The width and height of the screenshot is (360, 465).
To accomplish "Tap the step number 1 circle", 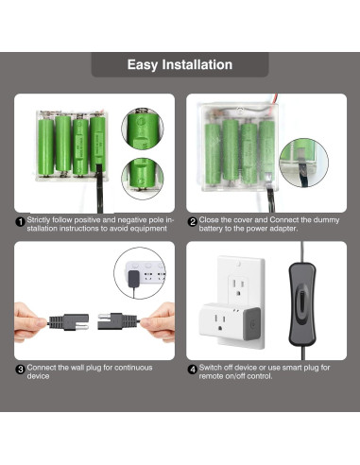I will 20,223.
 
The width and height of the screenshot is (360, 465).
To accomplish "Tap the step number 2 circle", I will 192,223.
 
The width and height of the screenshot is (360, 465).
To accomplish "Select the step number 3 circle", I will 20,370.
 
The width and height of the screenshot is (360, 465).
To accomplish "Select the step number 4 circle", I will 192,370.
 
